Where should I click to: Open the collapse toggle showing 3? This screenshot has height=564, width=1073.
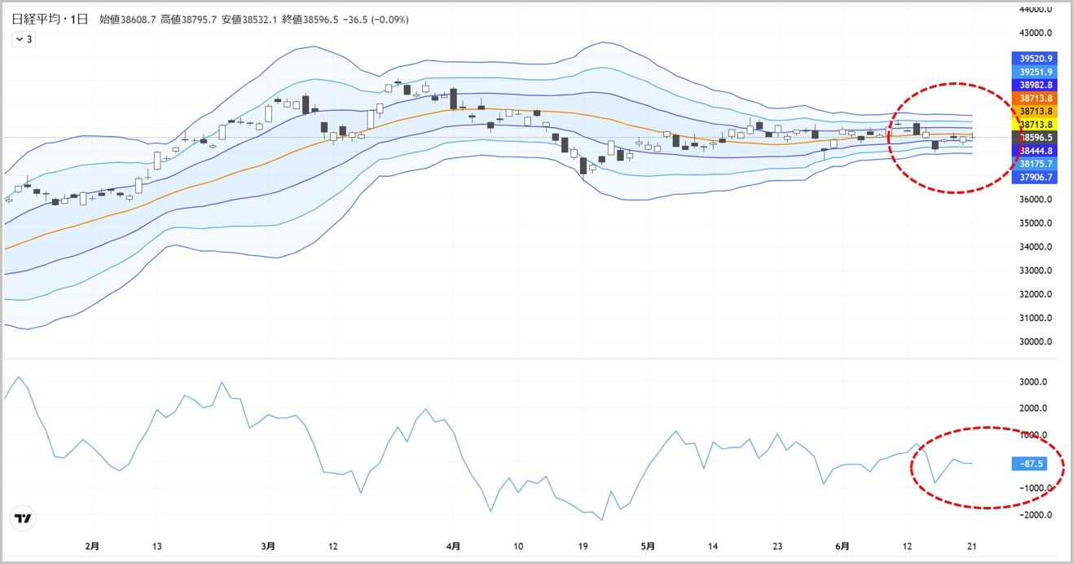point(24,39)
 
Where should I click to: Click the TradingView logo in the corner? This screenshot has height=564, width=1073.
point(24,518)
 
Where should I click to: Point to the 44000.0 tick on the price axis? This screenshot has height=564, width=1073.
point(1036,10)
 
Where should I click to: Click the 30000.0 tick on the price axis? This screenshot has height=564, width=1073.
point(1036,341)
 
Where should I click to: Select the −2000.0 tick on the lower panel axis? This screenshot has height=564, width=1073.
point(1036,514)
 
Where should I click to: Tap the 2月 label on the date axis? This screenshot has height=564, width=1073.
point(92,545)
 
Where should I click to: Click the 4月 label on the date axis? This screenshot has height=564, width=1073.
point(454,545)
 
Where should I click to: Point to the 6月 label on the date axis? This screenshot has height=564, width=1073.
point(843,545)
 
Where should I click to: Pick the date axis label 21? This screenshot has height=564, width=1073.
point(972,545)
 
